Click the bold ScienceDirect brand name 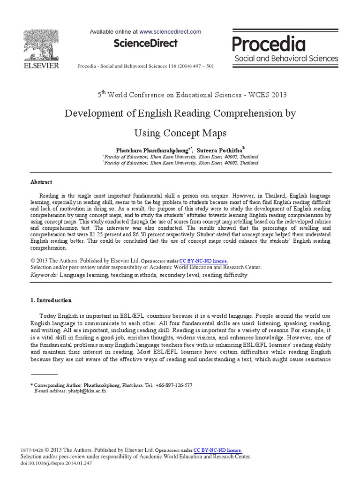(x=145, y=44)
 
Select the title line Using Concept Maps (x=180, y=133)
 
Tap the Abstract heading (x=41, y=182)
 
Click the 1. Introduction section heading (x=51, y=300)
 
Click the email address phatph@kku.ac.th (x=87, y=390)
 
